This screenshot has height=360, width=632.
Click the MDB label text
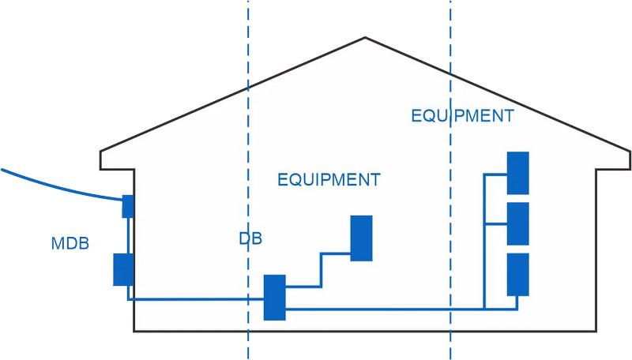70,243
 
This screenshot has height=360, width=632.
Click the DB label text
250,238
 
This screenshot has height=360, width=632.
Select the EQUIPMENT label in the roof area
462,116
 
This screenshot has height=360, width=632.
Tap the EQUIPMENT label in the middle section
329,179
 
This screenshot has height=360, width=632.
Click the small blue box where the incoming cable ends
128,206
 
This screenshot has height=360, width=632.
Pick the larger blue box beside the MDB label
123,269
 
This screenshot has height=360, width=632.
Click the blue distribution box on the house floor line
274,297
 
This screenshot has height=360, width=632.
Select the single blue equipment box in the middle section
362,238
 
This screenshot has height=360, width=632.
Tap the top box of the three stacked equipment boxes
517,173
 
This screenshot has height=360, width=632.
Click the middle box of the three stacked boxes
517,223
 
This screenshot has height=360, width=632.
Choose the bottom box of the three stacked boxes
517,274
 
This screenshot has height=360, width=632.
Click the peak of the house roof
365,38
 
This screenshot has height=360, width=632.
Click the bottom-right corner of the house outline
594,330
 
